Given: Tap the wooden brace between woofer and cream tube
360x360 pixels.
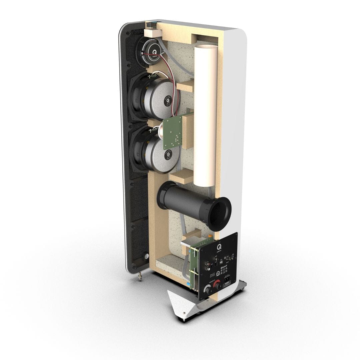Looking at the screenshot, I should click(185, 87).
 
